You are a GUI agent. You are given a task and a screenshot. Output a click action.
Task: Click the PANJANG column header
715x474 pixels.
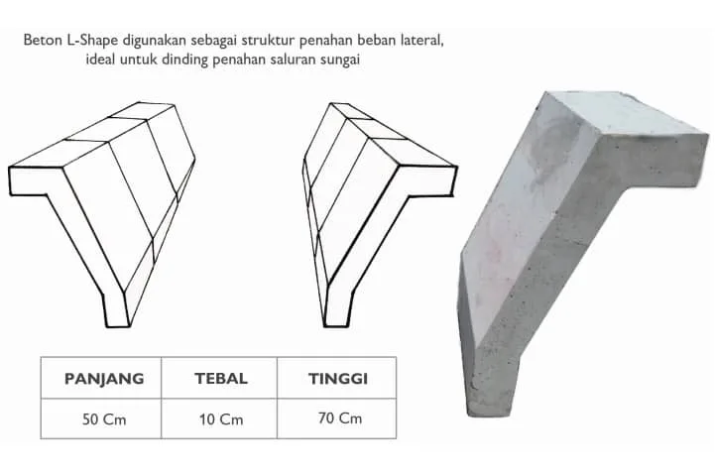pos(104,379)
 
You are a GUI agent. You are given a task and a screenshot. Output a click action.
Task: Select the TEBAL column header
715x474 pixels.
pos(221,378)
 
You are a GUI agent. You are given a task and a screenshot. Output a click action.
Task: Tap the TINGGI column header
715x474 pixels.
pos(338,379)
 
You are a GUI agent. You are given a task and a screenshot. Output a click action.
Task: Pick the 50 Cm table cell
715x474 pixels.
pos(104,419)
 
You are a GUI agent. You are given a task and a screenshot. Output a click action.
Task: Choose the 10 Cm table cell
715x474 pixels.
pos(221,419)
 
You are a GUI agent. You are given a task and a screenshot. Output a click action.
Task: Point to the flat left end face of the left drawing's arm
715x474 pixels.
pos(37,181)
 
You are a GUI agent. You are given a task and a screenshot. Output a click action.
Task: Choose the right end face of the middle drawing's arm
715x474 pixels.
pos(427,180)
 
